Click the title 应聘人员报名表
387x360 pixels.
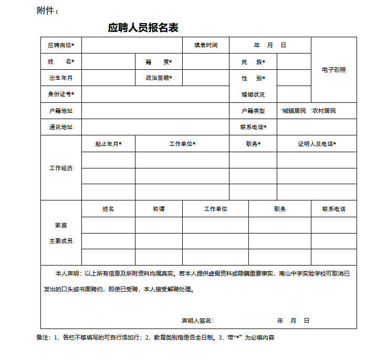143,28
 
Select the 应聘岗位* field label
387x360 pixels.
61,46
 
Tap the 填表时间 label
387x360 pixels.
206,46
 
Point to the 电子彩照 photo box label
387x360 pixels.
334,70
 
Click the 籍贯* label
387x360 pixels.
159,62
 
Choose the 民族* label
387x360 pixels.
253,62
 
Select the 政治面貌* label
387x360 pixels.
159,78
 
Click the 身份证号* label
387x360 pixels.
61,94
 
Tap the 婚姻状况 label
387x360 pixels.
253,95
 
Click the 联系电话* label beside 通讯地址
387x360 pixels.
253,127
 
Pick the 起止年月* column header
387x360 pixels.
108,144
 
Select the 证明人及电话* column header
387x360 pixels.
317,144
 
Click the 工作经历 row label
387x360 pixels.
61,168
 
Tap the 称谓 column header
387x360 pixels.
159,209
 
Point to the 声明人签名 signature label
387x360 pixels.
197,321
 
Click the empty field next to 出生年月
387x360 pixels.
108,78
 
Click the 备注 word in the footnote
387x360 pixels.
43,337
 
